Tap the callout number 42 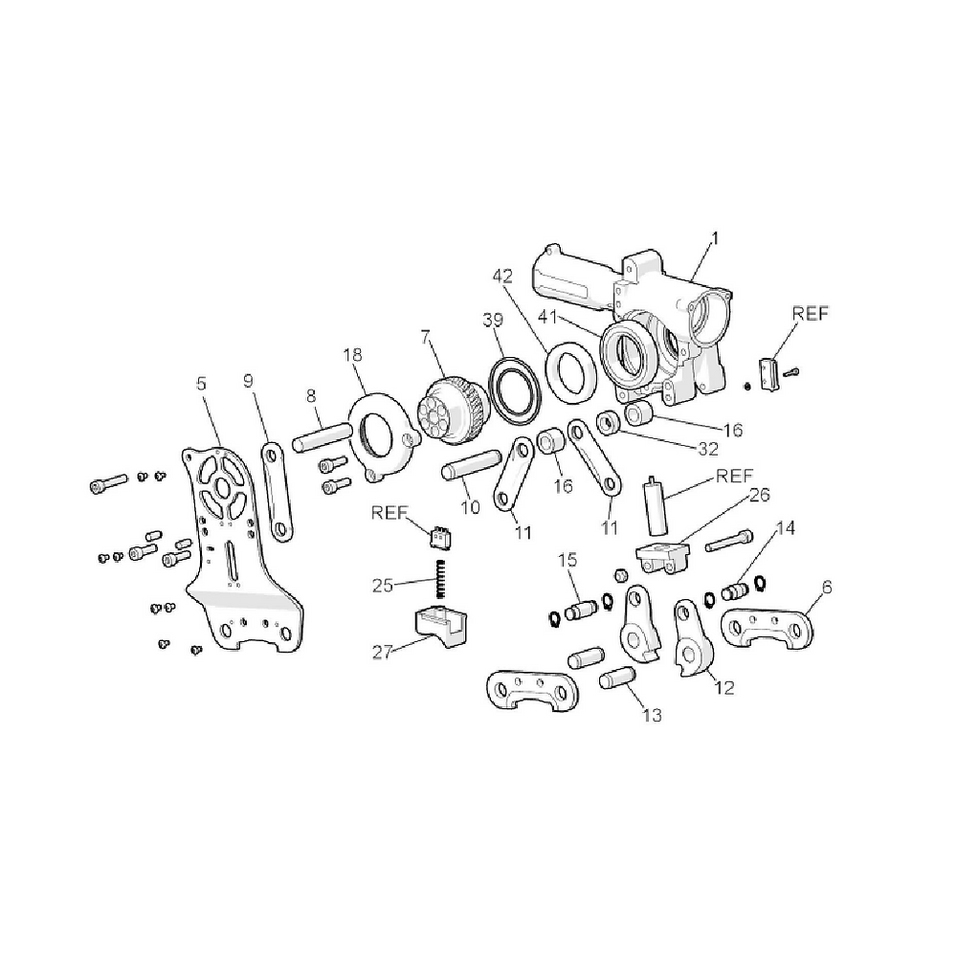[503, 277]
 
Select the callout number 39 [492, 320]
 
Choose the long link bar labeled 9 [277, 490]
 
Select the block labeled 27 [442, 628]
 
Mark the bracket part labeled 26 [662, 555]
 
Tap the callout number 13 [651, 714]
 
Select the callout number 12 [724, 686]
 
